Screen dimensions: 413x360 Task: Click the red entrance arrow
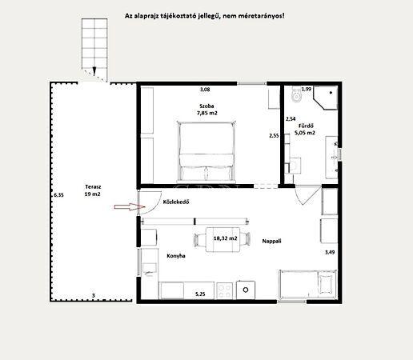(130, 207)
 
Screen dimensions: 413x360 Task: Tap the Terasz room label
(93, 187)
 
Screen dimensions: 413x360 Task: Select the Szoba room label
(206, 106)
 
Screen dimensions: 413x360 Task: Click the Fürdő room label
(306, 126)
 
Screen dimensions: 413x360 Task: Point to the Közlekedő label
(176, 202)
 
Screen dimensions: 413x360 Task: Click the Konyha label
(176, 256)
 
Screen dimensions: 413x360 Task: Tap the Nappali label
(271, 241)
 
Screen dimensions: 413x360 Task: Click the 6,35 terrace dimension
(58, 195)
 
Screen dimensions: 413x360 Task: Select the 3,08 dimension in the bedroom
(205, 90)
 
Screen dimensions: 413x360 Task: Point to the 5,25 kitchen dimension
(200, 294)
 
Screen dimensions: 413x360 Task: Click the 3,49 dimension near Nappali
(330, 252)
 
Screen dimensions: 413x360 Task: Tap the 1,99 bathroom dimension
(307, 89)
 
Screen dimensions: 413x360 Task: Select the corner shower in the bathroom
(326, 98)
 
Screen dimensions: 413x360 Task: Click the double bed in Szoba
(206, 151)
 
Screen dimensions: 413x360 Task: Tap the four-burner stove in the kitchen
(224, 290)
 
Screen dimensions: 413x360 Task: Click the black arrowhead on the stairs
(94, 70)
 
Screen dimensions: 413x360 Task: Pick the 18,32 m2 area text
(225, 238)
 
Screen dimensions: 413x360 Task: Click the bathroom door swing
(308, 195)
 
